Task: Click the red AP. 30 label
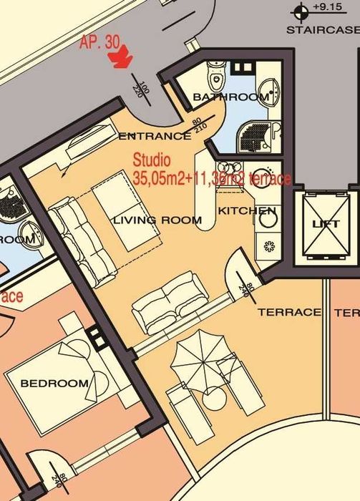99,42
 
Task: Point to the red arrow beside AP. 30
123,57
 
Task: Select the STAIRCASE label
322,30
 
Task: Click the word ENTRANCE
154,136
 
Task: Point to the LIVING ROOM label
157,220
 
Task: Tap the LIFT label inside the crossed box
326,224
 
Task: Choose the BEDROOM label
55,383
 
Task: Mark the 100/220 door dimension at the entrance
142,89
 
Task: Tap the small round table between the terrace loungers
213,397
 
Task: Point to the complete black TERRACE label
289,312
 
